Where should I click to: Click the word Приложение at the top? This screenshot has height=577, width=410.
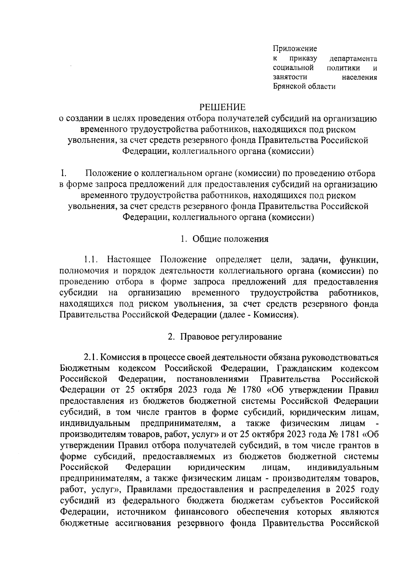coord(295,49)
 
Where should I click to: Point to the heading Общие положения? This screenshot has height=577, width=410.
coord(230,239)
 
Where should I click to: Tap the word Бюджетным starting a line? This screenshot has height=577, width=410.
coord(85,368)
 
